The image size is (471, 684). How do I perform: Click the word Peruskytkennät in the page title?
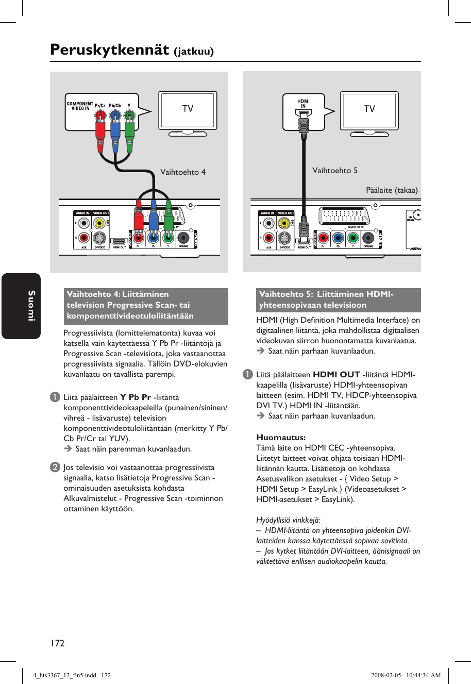[109, 50]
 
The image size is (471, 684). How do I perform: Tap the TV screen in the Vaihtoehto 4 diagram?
[188, 109]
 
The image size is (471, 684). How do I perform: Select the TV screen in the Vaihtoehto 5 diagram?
[369, 109]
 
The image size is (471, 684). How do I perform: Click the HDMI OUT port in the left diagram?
[120, 241]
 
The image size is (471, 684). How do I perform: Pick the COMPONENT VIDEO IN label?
[80, 106]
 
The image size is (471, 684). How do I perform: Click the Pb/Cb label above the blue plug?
[115, 105]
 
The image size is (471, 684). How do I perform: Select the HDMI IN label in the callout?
[304, 104]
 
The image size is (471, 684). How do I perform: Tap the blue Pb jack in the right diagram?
[338, 238]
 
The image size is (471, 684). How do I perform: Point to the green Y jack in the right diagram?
[352, 238]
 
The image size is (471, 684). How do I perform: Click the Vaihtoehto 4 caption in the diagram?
[183, 172]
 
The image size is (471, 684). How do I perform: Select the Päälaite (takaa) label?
[392, 190]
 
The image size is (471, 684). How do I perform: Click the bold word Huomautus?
[281, 438]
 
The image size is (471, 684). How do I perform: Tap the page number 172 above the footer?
[57, 643]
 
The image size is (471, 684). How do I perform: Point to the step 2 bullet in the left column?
[54, 468]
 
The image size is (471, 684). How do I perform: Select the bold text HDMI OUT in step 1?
[336, 375]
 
